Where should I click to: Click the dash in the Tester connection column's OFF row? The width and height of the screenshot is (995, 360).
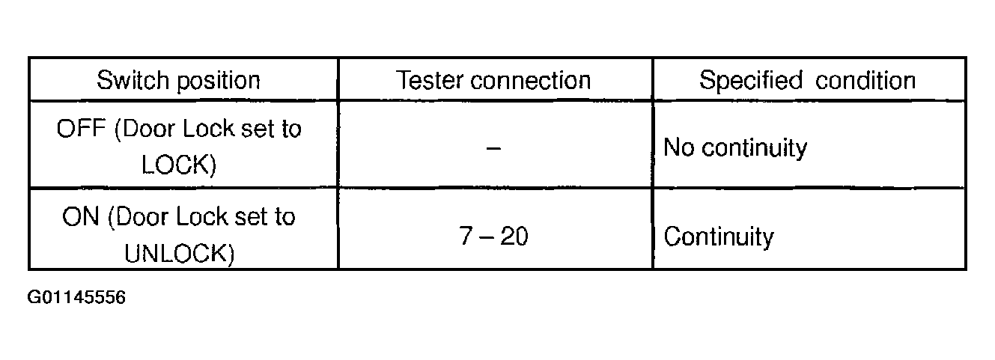[x=493, y=147]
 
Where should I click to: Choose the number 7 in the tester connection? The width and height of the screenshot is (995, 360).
[x=467, y=237]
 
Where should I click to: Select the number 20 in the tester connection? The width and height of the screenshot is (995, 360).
[x=514, y=237]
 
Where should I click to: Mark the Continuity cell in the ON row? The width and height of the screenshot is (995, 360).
[x=719, y=237]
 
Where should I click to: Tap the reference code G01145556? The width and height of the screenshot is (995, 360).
[x=76, y=299]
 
